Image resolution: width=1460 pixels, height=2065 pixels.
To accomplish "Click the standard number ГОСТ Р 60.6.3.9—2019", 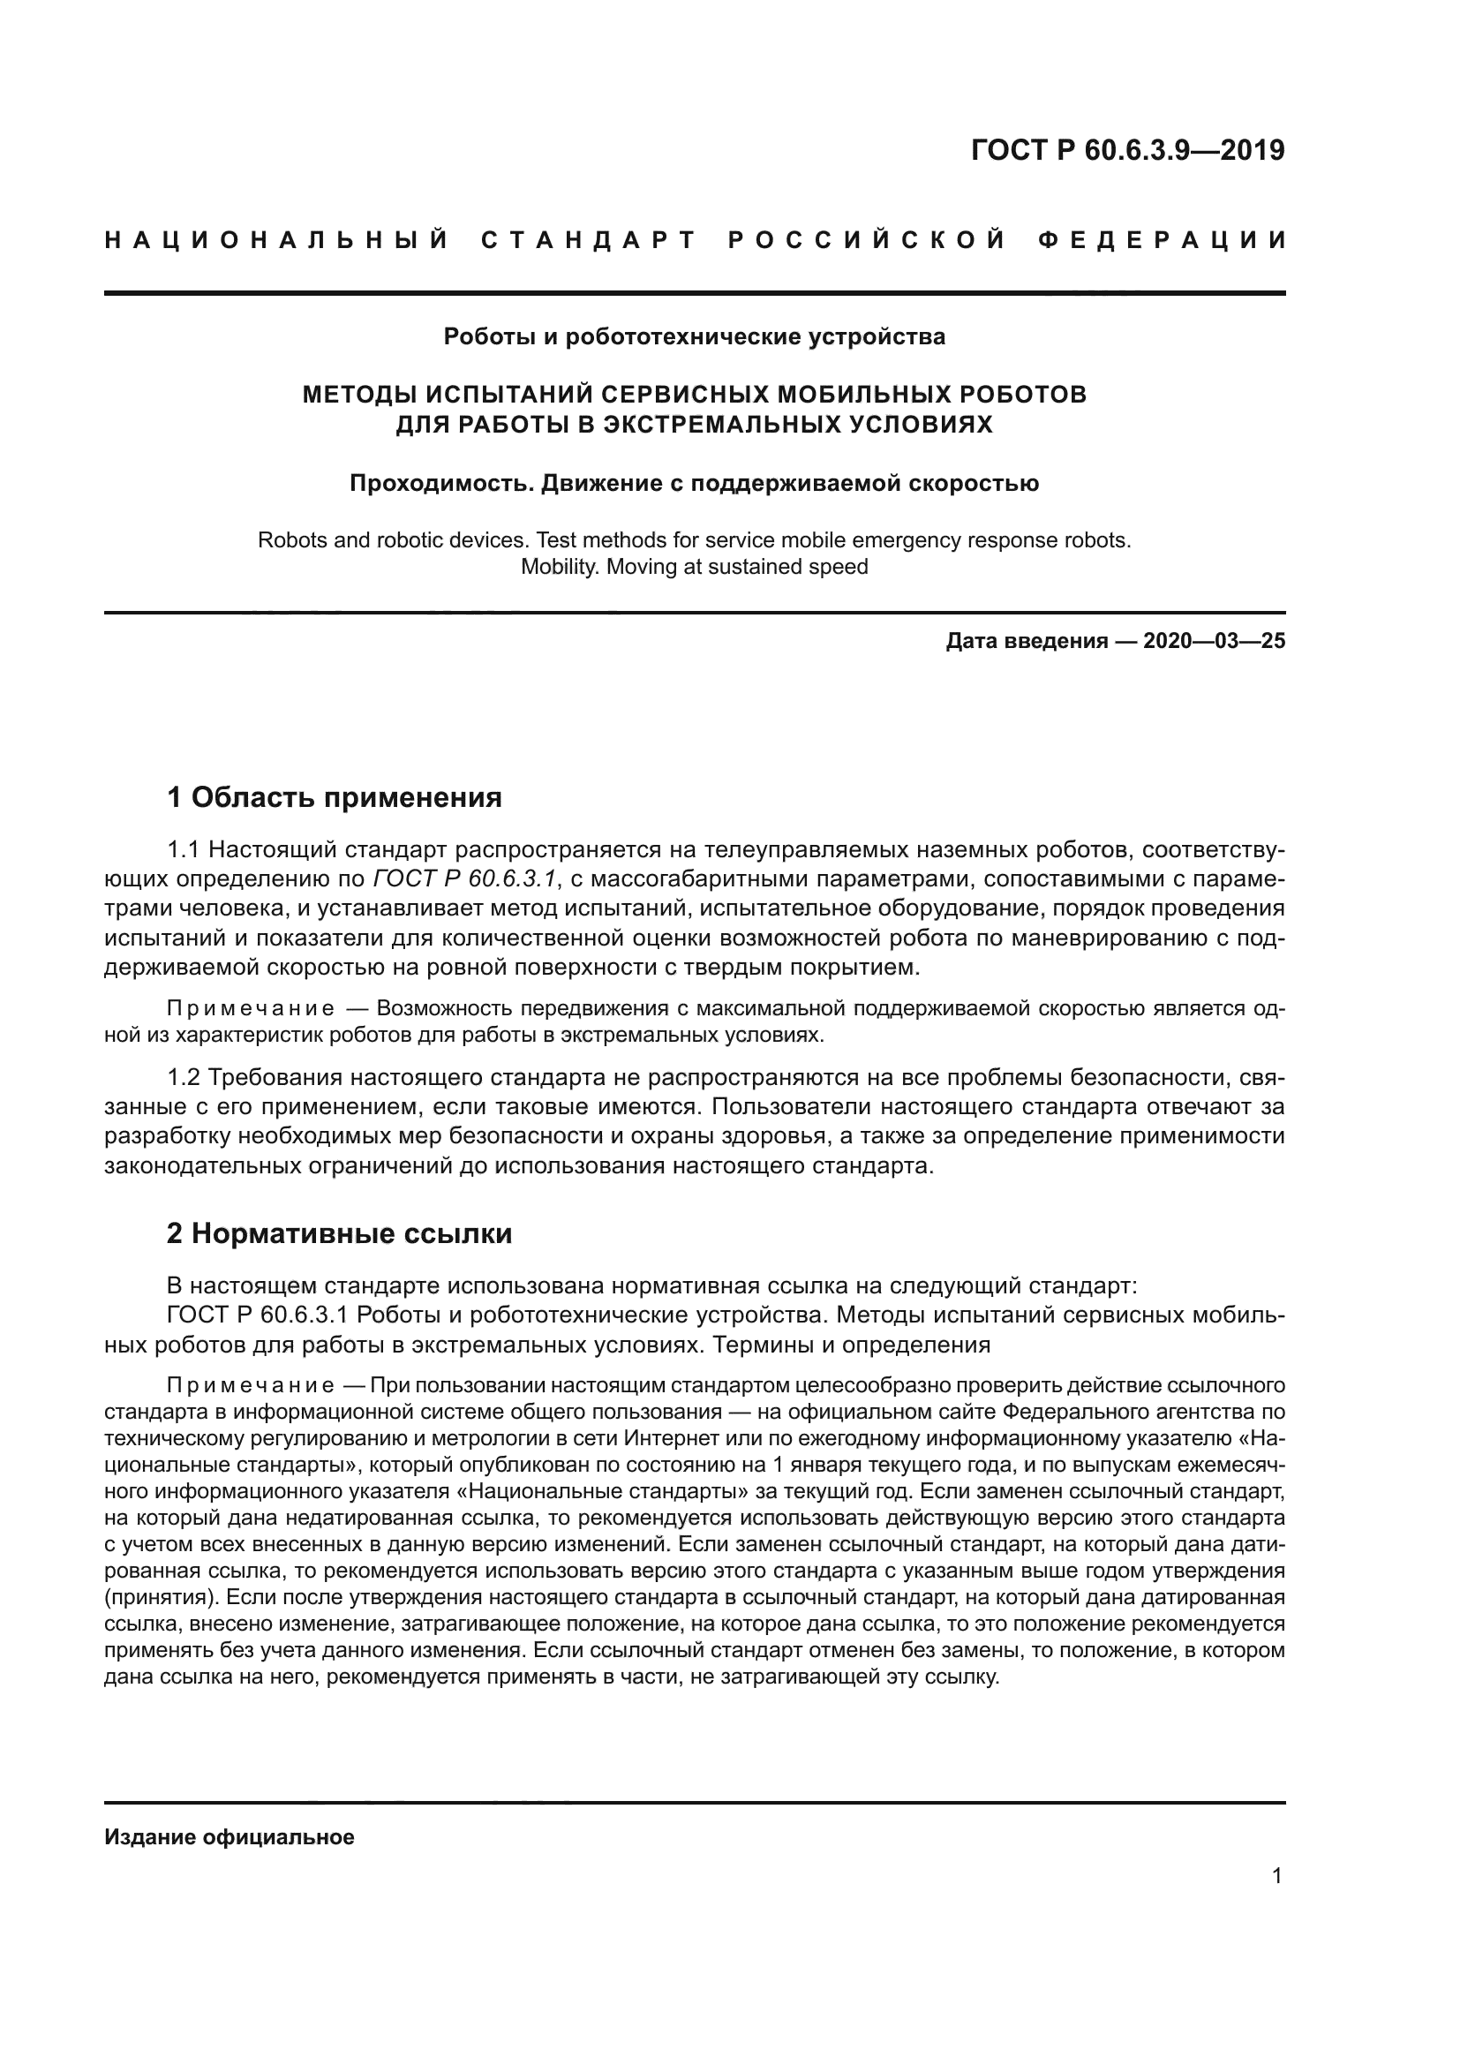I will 1127,150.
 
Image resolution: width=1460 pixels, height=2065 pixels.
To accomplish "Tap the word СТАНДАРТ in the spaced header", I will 589,240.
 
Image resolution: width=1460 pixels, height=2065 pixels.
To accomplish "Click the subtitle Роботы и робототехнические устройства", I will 694,337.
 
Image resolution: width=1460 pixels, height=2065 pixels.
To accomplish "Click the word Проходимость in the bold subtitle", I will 442,484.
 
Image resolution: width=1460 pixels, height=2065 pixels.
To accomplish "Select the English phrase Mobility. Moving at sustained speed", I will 694,568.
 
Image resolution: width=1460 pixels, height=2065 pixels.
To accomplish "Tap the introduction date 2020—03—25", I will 1214,641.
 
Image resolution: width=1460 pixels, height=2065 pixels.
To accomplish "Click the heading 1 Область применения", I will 335,798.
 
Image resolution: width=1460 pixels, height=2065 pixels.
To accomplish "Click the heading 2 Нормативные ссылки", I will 339,1233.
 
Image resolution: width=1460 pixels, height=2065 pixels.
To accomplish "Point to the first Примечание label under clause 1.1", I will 251,1009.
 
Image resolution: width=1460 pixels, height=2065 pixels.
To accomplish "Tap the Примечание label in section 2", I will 251,1385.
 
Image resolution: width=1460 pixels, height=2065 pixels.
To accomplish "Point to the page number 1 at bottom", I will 1277,1876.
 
